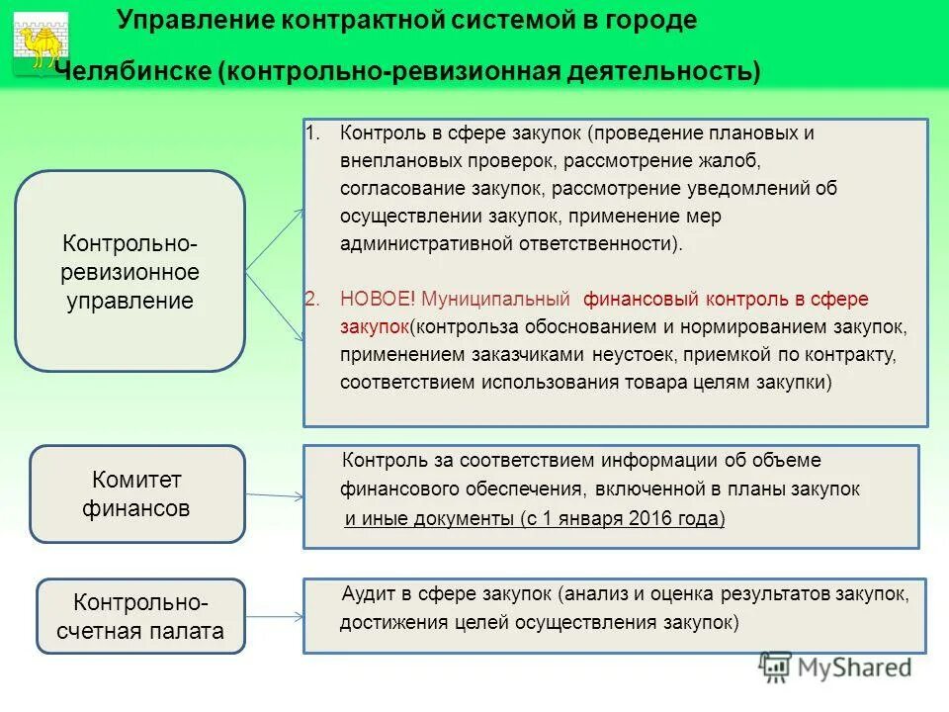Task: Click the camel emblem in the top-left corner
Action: [41, 41]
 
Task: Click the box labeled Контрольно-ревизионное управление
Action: [129, 271]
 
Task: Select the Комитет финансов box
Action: [136, 493]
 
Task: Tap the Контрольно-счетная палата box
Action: [140, 616]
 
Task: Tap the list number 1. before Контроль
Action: [312, 133]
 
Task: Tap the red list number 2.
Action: [312, 299]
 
